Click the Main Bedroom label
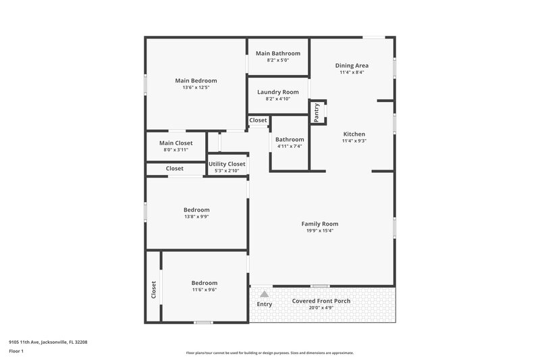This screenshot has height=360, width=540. (x=196, y=80)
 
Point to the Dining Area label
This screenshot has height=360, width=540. (x=352, y=66)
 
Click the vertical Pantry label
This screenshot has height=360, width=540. (x=317, y=112)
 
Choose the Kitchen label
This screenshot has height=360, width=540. (x=354, y=134)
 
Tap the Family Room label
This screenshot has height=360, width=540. (x=319, y=224)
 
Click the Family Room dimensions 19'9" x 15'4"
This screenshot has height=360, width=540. (x=319, y=231)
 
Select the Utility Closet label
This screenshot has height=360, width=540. (x=227, y=163)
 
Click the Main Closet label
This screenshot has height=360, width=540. (x=176, y=143)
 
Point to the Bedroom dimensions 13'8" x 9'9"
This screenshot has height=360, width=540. (x=196, y=217)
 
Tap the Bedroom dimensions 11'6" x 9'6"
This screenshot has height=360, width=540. (x=204, y=290)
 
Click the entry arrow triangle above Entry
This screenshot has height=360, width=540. (x=265, y=294)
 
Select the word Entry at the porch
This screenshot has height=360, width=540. (x=265, y=304)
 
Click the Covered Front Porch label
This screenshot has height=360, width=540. (x=322, y=301)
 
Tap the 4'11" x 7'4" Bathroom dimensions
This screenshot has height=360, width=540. (x=290, y=146)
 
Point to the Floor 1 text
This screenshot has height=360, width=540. (x=17, y=351)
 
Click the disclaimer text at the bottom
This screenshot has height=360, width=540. (x=269, y=353)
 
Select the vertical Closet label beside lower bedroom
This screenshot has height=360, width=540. (x=154, y=290)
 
